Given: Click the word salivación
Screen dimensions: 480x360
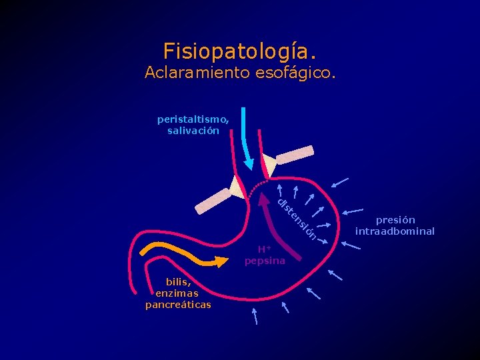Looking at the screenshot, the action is coord(193,131).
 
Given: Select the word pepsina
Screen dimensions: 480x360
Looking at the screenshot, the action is coord(265,261).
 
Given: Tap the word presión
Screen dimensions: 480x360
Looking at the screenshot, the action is coord(395,220).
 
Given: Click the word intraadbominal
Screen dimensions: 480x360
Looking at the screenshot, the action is coord(395,231).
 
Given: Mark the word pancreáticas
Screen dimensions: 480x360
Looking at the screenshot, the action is coord(178,305).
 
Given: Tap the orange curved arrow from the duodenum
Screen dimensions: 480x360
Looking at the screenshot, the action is coord(180,254).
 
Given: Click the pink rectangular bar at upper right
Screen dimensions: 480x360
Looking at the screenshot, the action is coord(294,155).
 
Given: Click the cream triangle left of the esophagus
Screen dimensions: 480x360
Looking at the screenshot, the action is coord(237,187).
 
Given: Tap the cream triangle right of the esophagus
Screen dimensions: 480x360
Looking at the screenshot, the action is coord(269,165).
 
